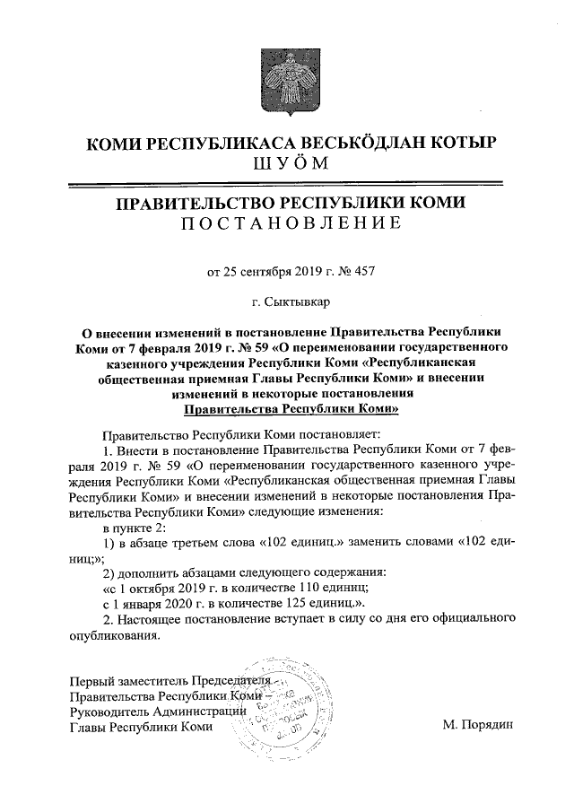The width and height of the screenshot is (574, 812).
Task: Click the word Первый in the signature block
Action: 91,679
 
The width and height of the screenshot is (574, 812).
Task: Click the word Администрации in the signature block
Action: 202,711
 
